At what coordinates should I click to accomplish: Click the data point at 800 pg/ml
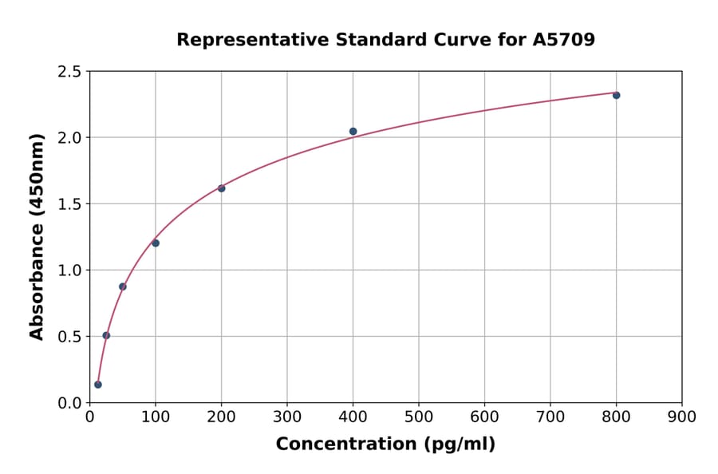pos(616,95)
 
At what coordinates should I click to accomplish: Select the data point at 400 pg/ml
pos(353,131)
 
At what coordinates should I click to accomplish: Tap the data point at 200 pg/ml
pos(221,188)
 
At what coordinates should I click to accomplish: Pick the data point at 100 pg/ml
pos(156,243)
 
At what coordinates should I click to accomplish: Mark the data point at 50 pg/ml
pos(122,286)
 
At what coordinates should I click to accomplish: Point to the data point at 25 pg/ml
pos(106,335)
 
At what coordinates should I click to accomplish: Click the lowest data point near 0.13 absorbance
pos(98,385)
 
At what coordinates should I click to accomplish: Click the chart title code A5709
pos(563,40)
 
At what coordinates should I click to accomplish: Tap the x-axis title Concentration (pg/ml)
pos(385,444)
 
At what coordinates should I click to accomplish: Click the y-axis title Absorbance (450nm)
pos(37,236)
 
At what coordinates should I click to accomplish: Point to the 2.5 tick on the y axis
pos(69,72)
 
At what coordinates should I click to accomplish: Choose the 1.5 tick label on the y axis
pos(69,204)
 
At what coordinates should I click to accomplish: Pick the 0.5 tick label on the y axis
pos(69,337)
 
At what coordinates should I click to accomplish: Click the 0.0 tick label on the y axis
pos(69,403)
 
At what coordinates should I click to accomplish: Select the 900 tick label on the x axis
pos(682,417)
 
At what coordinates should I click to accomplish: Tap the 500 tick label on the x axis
pos(419,417)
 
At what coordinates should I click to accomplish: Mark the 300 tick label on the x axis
pos(287,417)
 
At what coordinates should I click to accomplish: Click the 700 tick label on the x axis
pos(550,417)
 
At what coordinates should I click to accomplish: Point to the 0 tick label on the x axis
pos(89,417)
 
